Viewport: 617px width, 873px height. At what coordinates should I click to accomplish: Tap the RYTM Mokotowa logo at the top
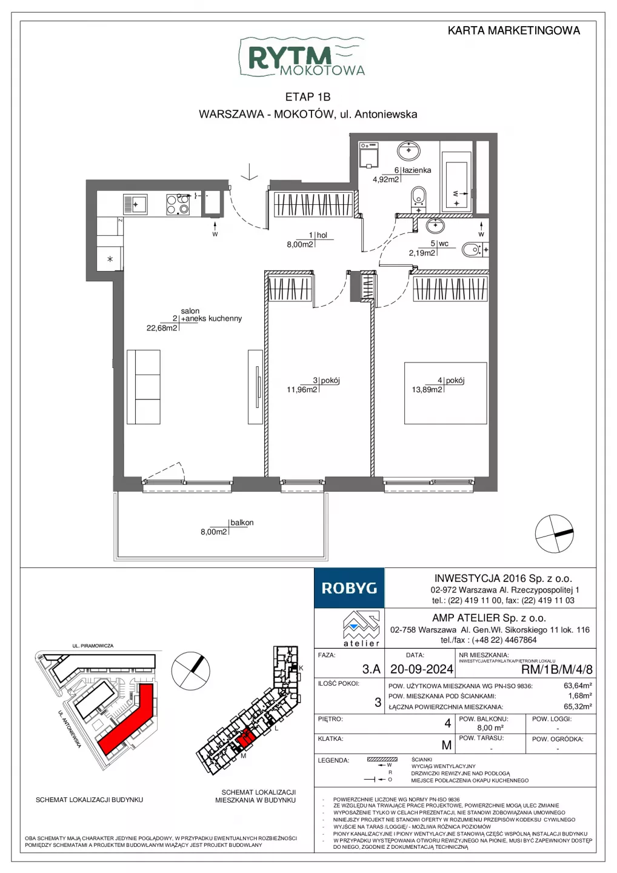301,58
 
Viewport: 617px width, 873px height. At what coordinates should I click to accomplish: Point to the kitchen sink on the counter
135,204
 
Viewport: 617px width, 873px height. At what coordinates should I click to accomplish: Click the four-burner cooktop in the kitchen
178,204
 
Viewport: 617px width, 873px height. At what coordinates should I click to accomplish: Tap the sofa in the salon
144,387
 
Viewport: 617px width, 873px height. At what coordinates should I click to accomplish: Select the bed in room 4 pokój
445,393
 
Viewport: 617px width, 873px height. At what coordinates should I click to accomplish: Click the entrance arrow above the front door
249,172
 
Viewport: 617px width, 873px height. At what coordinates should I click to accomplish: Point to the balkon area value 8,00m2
213,532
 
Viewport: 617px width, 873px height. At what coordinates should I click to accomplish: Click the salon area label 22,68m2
162,328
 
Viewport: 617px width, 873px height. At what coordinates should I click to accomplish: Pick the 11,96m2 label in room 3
302,389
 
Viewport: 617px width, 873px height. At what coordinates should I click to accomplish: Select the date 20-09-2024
422,669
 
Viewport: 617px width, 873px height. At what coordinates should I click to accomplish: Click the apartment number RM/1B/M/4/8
557,669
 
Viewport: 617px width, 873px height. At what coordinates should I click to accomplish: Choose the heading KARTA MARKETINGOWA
514,30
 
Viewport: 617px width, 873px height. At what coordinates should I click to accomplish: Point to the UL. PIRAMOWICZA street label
93,646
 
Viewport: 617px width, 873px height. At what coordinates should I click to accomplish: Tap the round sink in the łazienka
409,150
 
